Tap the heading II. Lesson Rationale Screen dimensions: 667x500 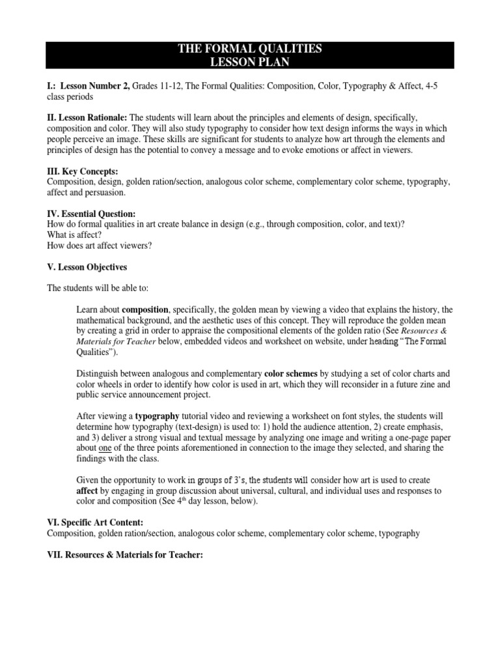click(87, 117)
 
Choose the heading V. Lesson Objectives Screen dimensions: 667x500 click(87, 267)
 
